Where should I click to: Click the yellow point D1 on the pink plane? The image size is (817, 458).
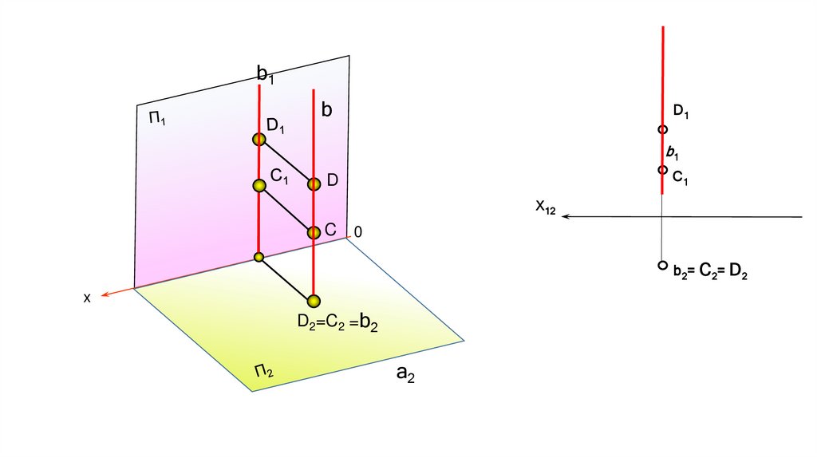tap(259, 140)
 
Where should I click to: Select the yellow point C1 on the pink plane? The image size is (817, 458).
tap(259, 185)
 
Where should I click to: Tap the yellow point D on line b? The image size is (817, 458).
tap(314, 184)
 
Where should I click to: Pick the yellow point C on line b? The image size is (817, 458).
tap(314, 232)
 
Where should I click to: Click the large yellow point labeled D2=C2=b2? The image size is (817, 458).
tap(313, 301)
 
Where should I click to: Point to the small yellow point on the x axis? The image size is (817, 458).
tap(259, 257)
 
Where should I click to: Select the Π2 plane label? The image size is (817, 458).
tap(264, 370)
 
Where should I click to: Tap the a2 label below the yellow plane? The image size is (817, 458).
tap(405, 374)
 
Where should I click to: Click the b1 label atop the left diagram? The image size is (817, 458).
tap(265, 73)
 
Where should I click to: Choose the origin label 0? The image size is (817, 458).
tap(358, 231)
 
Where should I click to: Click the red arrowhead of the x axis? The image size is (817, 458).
tap(105, 294)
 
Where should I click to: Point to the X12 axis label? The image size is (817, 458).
tap(546, 207)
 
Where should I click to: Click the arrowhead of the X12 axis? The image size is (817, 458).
tap(566, 216)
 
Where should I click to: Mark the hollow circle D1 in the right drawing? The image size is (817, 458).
tap(662, 129)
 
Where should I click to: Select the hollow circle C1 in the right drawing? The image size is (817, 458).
tap(662, 170)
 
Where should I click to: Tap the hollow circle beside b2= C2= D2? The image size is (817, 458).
tap(662, 265)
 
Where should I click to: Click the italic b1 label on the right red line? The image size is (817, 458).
tap(672, 151)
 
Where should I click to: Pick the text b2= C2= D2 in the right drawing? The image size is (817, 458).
tap(709, 273)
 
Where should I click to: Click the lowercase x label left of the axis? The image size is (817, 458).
tap(87, 297)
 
